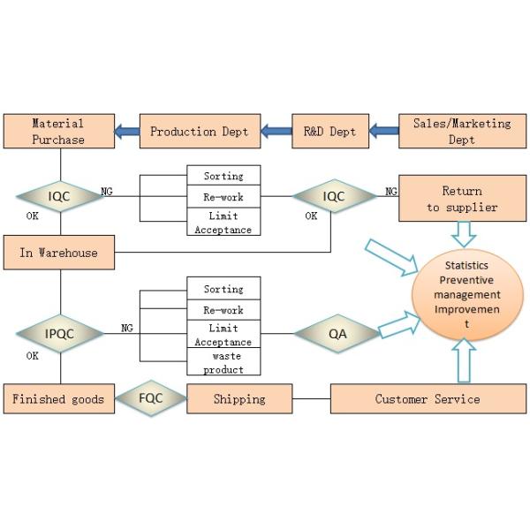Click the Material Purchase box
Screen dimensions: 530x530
pyautogui.click(x=58, y=132)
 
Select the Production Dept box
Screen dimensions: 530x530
pyautogui.click(x=194, y=132)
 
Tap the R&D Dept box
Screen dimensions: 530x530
pyautogui.click(x=330, y=132)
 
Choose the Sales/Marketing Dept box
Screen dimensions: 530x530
pyautogui.click(x=461, y=132)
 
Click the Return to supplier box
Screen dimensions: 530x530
pyautogui.click(x=462, y=200)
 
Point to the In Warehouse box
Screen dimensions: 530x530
pyautogui.click(x=58, y=253)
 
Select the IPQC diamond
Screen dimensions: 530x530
pyautogui.click(x=60, y=334)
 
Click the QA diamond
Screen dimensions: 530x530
pyautogui.click(x=337, y=334)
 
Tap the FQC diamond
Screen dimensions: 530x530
pyautogui.click(x=151, y=398)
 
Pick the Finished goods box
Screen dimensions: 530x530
pyautogui.click(x=58, y=399)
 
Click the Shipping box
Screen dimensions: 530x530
pyautogui.click(x=239, y=399)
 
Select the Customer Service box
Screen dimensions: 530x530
pyautogui.click(x=428, y=399)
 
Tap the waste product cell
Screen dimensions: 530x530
pyautogui.click(x=223, y=362)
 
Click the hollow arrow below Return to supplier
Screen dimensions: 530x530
pyautogui.click(x=463, y=234)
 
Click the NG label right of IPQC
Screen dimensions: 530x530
pyautogui.click(x=127, y=329)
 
